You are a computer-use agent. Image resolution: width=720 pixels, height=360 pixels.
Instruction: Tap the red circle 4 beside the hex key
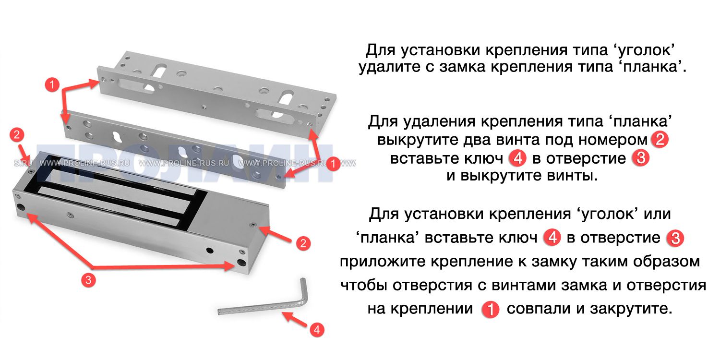click(x=315, y=330)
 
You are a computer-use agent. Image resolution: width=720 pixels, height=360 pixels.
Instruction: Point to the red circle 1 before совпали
click(x=490, y=309)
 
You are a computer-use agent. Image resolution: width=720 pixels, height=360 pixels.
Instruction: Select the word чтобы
click(x=364, y=285)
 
